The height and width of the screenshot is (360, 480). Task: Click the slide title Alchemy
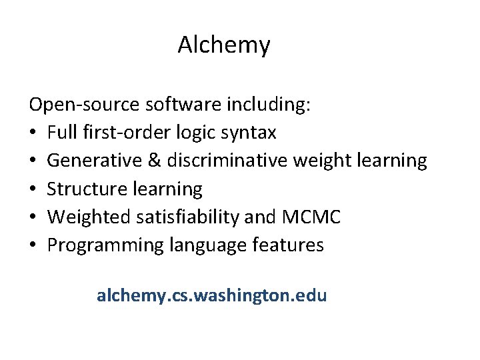(x=224, y=45)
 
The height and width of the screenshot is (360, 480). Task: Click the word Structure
(x=89, y=189)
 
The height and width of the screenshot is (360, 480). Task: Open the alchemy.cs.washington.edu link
(x=212, y=295)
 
